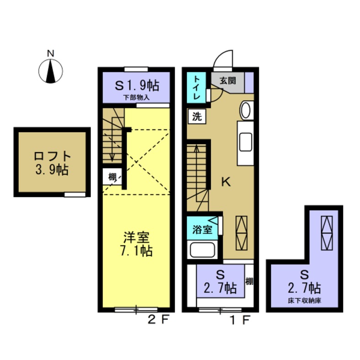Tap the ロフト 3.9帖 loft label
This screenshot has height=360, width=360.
point(51,162)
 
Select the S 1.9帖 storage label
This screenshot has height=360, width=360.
point(136,86)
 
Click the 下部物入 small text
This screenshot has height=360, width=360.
point(136,97)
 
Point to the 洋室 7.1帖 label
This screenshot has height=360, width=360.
point(137,244)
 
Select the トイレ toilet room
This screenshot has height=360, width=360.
point(196,88)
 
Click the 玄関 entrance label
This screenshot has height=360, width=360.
point(227,81)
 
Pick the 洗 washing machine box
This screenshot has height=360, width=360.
point(196,116)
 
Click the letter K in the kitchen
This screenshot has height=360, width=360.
point(226,182)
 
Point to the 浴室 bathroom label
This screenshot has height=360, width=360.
point(202,229)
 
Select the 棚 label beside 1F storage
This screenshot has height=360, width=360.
point(249,280)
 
